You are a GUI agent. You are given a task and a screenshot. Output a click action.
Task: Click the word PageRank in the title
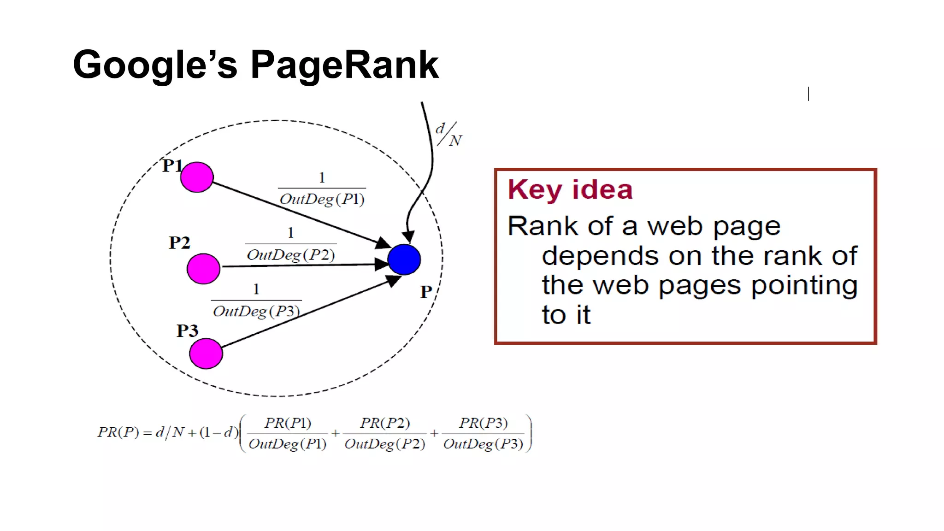click(344, 65)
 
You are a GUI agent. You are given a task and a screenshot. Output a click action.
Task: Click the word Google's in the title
click(155, 65)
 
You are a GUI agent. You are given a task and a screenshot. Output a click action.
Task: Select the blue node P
click(404, 260)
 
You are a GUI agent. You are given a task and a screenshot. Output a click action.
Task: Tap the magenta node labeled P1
click(197, 177)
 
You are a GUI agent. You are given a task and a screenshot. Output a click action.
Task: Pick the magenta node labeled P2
click(203, 268)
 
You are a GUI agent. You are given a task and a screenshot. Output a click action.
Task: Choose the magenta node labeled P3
click(206, 354)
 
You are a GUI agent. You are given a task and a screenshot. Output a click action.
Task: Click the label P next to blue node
click(425, 292)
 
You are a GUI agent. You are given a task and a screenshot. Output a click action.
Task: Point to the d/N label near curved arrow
click(448, 134)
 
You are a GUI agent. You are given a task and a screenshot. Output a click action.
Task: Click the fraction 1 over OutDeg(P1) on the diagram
click(322, 189)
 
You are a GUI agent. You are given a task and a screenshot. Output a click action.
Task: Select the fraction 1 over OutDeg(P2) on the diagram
click(290, 244)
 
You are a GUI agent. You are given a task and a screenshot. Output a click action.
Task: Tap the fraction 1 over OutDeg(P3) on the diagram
click(256, 301)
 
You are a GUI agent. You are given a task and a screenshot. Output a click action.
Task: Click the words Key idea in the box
click(570, 189)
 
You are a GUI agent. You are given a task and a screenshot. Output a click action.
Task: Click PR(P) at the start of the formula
click(118, 432)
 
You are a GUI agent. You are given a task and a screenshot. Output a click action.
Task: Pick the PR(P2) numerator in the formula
click(385, 423)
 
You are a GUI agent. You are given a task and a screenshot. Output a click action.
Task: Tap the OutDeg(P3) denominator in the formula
click(483, 444)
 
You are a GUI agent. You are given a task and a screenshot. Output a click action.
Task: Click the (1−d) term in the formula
click(219, 432)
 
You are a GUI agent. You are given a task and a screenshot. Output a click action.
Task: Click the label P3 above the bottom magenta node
click(187, 330)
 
